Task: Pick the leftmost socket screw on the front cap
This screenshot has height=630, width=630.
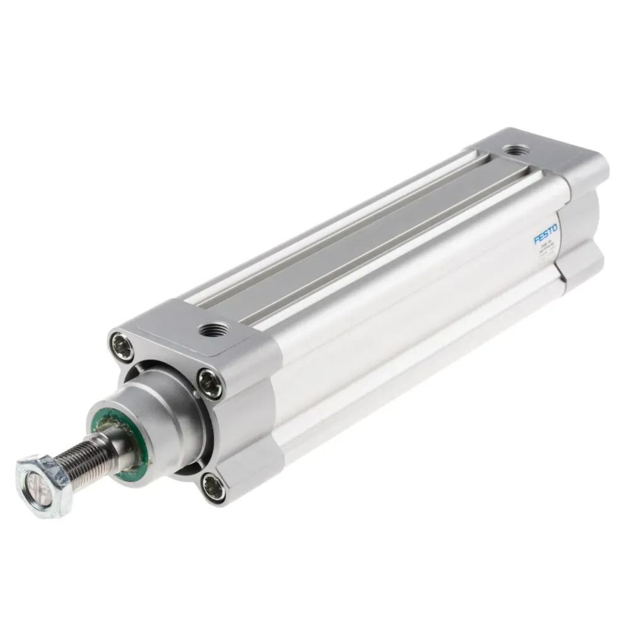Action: (x=122, y=346)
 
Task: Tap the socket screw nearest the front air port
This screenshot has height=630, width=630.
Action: (x=209, y=382)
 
